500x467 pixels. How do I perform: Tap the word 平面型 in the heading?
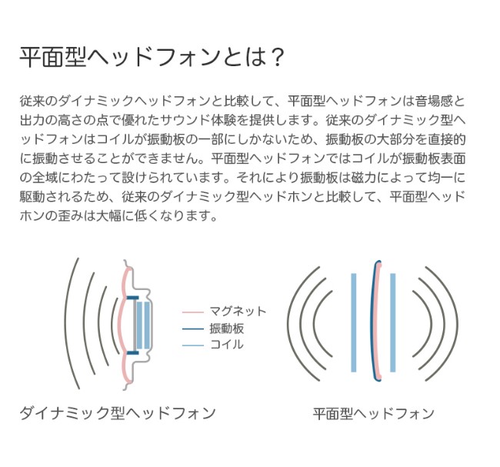point(53,58)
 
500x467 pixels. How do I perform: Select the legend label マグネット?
point(238,311)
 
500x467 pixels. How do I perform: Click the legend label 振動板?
point(227,329)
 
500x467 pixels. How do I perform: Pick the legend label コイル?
point(227,345)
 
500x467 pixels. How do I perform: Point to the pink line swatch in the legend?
point(192,312)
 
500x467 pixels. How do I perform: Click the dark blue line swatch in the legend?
point(192,329)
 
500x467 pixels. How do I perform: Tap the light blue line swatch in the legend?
point(192,345)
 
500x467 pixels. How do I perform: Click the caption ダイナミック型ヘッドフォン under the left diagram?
point(118,413)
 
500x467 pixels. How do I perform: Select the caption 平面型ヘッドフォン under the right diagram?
point(373,414)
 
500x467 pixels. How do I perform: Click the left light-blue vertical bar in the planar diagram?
point(354,322)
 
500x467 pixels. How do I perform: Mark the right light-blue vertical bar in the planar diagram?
point(393,322)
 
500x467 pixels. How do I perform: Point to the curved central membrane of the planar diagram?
point(373,321)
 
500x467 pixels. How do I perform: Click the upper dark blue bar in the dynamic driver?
point(132,298)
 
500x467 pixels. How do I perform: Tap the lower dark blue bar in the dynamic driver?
point(132,352)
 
